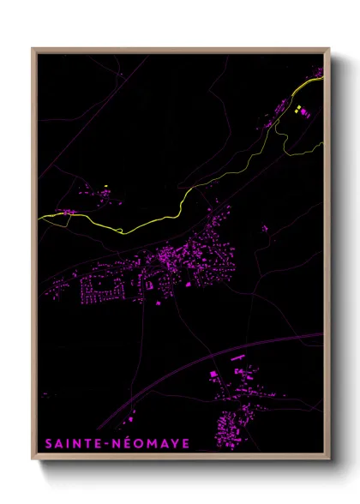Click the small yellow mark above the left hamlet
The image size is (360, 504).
[x=105, y=186]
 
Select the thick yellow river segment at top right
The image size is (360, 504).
[x=304, y=86]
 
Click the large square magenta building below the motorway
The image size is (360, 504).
[x=214, y=375]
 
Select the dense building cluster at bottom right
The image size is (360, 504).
[x=231, y=424]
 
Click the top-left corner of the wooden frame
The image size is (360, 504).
[x=33, y=49]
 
